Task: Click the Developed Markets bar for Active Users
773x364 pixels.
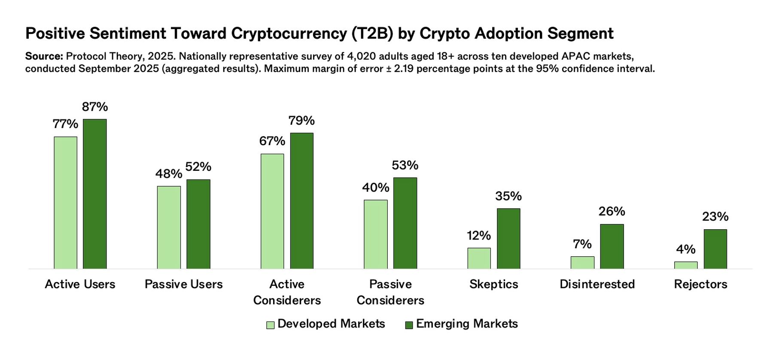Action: (65, 203)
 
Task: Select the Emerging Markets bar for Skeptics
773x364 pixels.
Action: (508, 239)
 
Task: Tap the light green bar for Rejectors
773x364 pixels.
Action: (685, 265)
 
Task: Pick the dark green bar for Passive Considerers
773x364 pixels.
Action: (405, 223)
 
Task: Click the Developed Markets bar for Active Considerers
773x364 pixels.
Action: (272, 211)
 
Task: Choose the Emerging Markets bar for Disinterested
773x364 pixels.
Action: (612, 246)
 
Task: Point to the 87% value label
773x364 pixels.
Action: (95, 107)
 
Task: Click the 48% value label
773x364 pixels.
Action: (168, 174)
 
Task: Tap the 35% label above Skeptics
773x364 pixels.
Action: (508, 196)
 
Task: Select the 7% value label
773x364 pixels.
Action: (582, 244)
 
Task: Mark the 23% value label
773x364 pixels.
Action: (715, 217)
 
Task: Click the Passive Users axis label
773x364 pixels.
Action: (184, 284)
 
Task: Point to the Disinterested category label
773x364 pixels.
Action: (597, 284)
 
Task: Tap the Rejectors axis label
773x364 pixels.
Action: (700, 284)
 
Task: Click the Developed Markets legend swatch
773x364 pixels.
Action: (270, 325)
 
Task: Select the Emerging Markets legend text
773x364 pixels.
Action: (467, 324)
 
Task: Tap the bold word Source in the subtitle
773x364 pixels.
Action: (44, 56)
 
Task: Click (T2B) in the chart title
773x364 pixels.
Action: (372, 33)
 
